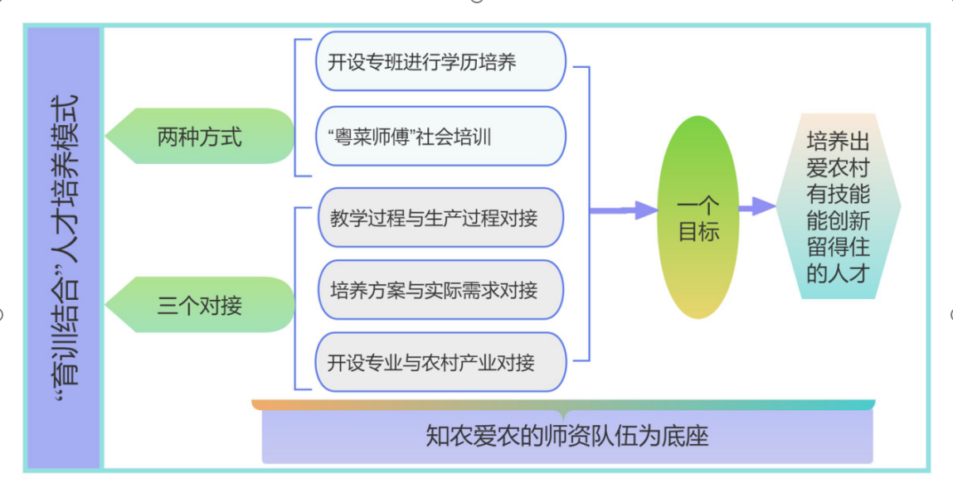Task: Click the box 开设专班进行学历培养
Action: point(440,61)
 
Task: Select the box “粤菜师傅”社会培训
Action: point(440,136)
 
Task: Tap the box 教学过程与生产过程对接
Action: point(440,218)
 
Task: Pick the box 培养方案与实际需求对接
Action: point(440,290)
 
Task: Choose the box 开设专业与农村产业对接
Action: point(440,362)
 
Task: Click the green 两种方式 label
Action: point(200,136)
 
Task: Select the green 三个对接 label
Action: point(200,305)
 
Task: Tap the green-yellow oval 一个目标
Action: point(698,218)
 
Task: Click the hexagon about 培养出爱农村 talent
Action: point(838,206)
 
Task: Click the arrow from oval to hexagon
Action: point(757,207)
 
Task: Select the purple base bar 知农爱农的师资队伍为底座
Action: point(567,437)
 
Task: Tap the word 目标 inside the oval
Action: point(698,232)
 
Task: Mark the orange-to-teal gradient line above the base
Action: point(564,405)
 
